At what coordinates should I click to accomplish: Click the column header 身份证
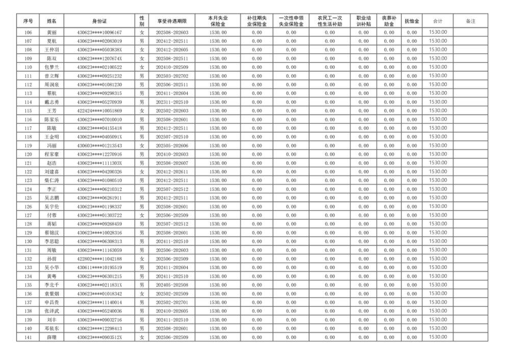99,21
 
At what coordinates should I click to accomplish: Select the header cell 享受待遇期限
171,21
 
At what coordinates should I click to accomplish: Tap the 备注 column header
471,21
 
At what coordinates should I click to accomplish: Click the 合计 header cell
437,21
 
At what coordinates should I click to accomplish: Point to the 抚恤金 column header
412,21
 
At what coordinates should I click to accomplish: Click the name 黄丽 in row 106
52,32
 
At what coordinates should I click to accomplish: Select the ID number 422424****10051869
99,111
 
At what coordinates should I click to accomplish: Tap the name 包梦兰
52,67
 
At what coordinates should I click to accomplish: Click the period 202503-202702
171,75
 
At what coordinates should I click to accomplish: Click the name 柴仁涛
52,180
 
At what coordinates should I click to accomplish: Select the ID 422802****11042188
99,259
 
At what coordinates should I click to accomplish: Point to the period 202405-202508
171,285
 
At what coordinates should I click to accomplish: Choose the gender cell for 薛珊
142,337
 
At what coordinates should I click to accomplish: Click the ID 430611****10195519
99,267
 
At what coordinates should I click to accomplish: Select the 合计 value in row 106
437,32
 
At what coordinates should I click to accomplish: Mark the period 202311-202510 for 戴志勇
171,102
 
